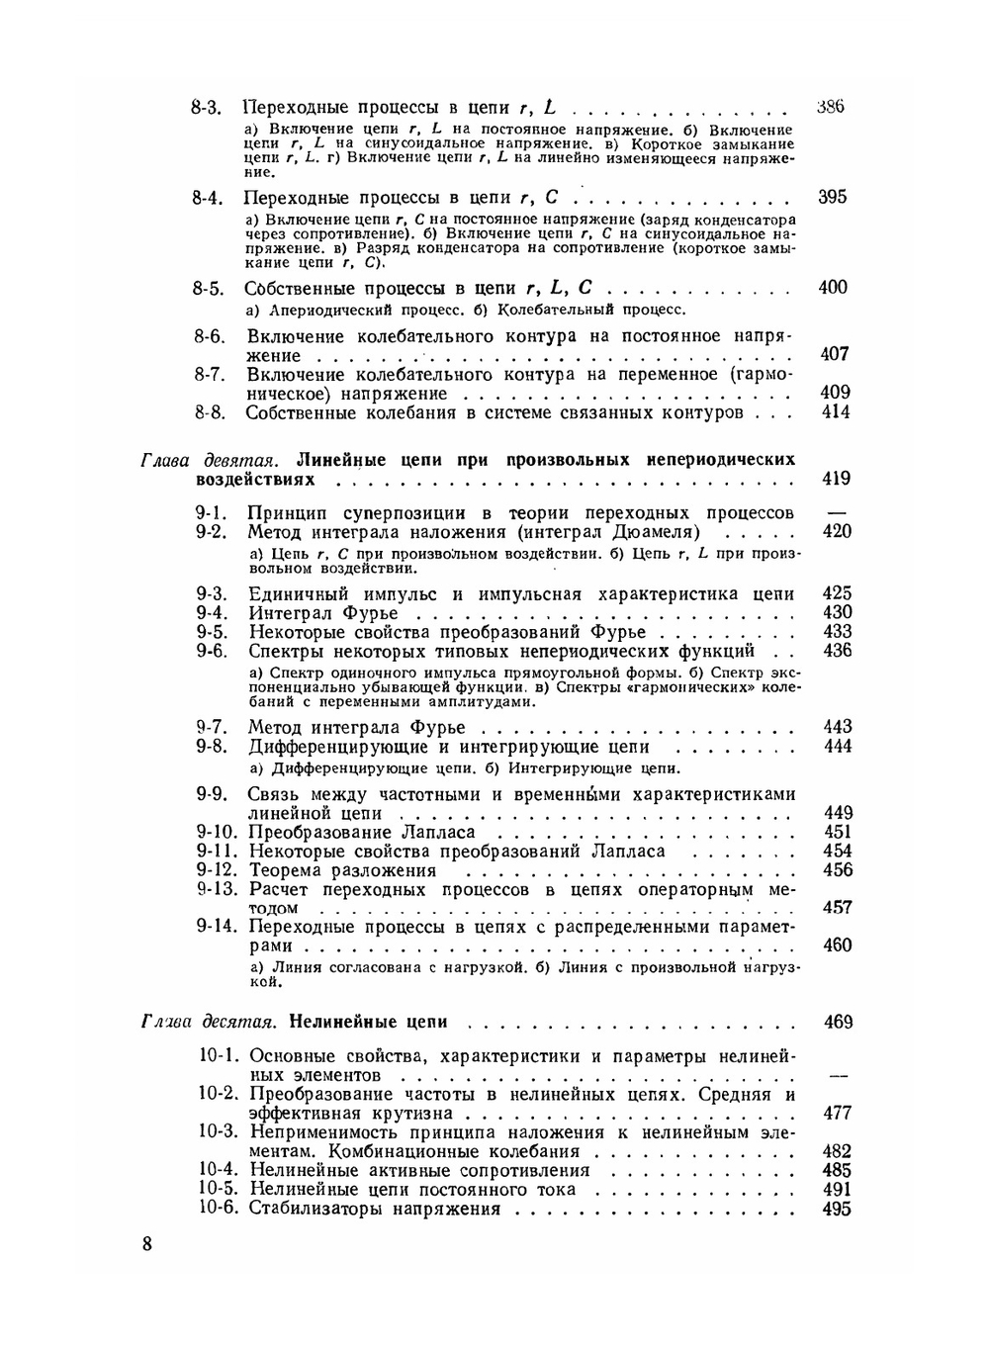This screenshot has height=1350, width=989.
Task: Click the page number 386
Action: [831, 107]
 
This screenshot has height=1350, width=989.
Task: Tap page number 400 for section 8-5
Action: [834, 288]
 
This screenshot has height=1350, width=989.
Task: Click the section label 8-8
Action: [211, 412]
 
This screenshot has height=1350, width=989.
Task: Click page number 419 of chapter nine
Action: [836, 480]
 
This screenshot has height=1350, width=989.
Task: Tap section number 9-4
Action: [213, 613]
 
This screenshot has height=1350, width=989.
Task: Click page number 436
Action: [838, 651]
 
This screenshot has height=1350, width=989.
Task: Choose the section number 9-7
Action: [213, 728]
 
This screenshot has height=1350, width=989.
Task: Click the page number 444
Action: [838, 747]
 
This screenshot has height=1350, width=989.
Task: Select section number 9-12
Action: [218, 870]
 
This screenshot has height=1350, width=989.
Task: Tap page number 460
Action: [838, 945]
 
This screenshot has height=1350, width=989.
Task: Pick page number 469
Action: [838, 1022]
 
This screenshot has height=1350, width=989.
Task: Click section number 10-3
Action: [219, 1131]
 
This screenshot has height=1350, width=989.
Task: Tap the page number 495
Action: [838, 1209]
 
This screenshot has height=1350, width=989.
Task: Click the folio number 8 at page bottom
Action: [146, 1244]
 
